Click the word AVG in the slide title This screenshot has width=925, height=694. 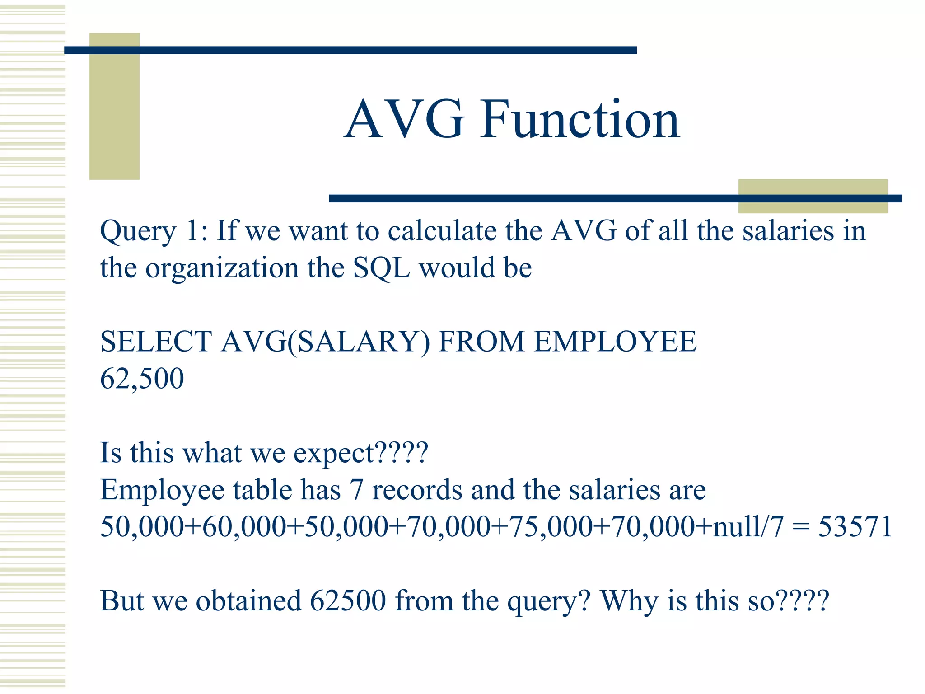404,120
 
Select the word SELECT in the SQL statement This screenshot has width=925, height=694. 156,341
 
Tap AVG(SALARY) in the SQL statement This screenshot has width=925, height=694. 325,342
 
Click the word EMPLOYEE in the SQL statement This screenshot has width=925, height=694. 615,341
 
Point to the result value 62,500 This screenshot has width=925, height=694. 142,379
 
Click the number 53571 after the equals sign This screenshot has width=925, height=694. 855,526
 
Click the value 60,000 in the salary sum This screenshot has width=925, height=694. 244,527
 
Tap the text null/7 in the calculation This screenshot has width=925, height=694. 747,527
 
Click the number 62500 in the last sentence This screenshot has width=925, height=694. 348,600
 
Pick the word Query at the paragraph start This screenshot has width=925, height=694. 138,231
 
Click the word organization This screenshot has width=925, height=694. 222,268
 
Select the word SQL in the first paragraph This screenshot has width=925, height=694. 381,268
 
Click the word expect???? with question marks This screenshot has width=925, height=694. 360,453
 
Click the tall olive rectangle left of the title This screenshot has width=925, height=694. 114,106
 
